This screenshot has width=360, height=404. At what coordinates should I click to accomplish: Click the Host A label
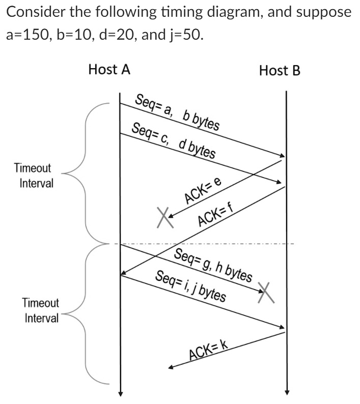pos(109,70)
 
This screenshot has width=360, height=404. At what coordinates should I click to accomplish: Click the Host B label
pos(280,71)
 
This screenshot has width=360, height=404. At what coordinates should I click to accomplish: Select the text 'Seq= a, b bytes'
pos(177,112)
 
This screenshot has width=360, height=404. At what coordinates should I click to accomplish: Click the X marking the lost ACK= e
pos(163,217)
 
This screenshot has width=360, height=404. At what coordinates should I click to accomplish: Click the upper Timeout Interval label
pos(33,176)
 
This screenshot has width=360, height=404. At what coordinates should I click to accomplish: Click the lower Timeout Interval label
pos(41,311)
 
